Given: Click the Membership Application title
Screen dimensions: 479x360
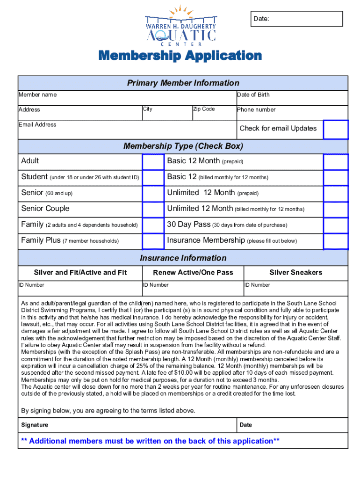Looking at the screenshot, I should (x=180, y=56).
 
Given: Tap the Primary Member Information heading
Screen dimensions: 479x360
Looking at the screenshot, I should (x=183, y=83).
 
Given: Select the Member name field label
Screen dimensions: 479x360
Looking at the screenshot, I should (x=37, y=95).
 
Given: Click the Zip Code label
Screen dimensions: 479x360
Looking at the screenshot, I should (x=204, y=109).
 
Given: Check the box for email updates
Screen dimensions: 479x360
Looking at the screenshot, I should (x=336, y=130).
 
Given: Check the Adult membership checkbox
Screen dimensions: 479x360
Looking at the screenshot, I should (x=153, y=162).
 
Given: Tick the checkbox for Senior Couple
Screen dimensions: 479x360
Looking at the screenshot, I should (x=153, y=209).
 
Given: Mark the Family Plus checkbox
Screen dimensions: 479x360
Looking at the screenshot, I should (x=153, y=241).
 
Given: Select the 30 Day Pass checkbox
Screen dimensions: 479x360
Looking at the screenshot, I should (x=336, y=225).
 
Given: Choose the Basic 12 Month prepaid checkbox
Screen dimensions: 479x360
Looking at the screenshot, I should (x=336, y=162).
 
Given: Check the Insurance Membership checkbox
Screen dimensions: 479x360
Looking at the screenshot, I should (x=336, y=241).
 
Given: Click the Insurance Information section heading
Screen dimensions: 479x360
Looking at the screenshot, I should (x=183, y=258).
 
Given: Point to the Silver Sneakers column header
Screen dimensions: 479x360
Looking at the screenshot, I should (x=295, y=273).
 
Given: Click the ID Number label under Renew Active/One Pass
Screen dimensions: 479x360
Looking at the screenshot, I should (x=156, y=285).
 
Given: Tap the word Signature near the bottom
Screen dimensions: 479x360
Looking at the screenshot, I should (x=35, y=425).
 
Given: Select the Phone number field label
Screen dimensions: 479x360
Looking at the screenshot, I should (x=256, y=110).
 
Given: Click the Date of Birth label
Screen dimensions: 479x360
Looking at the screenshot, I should (x=253, y=95).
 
